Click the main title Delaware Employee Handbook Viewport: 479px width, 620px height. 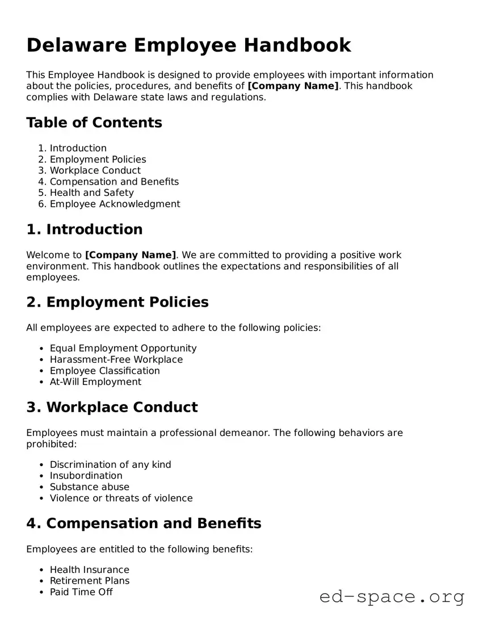188,45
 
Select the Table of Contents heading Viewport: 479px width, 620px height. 94,123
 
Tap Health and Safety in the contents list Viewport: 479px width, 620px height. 91,192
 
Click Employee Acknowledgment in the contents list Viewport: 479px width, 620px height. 115,204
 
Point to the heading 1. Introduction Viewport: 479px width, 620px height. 85,229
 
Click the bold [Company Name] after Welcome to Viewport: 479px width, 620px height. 131,255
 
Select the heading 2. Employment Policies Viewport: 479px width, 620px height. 117,302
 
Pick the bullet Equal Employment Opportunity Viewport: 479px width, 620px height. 123,348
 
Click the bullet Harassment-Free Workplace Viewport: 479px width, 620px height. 116,359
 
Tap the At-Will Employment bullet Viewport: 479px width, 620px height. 95,382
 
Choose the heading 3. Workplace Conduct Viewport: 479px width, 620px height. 112,407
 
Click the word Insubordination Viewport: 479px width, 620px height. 86,475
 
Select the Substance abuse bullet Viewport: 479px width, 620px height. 89,487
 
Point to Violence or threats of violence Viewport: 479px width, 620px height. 121,498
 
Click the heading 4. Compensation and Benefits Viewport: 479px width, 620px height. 144,523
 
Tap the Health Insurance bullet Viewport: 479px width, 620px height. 89,569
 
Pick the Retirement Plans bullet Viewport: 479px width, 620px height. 89,580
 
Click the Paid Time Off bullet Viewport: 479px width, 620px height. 81,592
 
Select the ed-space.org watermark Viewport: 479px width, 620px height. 392,597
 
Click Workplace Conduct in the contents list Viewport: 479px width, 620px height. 95,170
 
